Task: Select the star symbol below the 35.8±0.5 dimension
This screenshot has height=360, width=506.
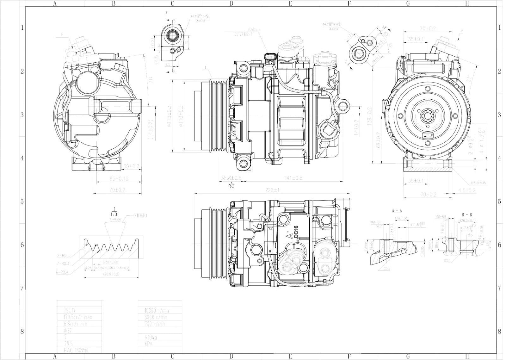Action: [x=231, y=185]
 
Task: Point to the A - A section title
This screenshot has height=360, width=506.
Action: [x=397, y=210]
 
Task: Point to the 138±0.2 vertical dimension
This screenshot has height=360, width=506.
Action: [x=370, y=116]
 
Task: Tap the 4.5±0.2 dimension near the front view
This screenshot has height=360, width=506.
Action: [x=466, y=190]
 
